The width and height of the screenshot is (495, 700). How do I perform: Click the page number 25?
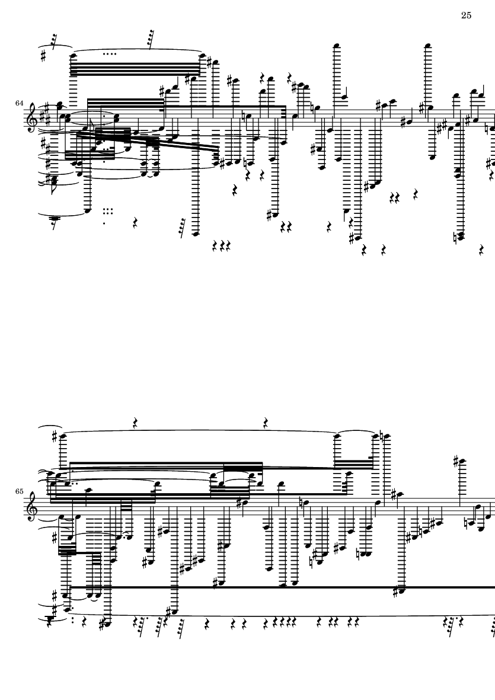[466, 15]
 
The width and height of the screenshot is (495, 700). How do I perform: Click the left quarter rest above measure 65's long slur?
[136, 423]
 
